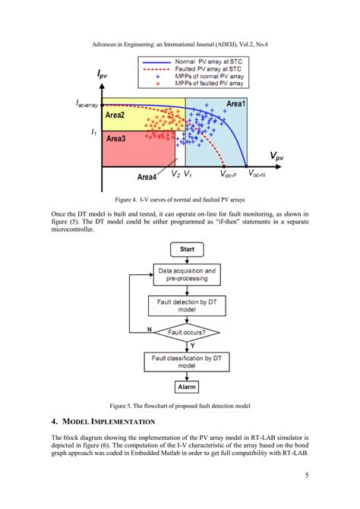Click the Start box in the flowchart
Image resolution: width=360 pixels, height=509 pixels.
pyautogui.click(x=188, y=249)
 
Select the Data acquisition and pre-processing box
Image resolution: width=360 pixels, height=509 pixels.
pyautogui.click(x=187, y=274)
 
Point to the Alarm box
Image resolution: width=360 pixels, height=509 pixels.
pyautogui.click(x=187, y=387)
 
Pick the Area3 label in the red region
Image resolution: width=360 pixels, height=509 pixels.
pyautogui.click(x=116, y=140)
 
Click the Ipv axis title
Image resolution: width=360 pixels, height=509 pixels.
pyautogui.click(x=106, y=75)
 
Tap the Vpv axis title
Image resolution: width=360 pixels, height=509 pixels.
pyautogui.click(x=279, y=156)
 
